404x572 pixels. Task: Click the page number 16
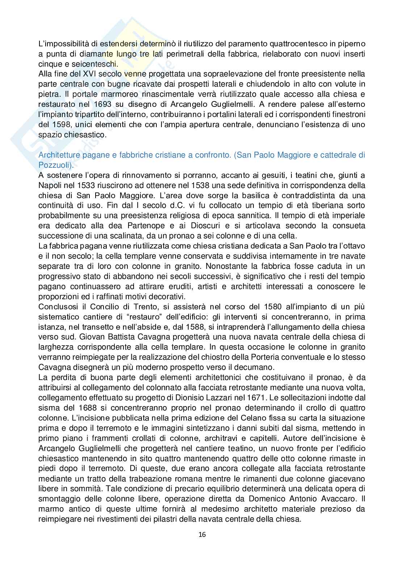202,534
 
